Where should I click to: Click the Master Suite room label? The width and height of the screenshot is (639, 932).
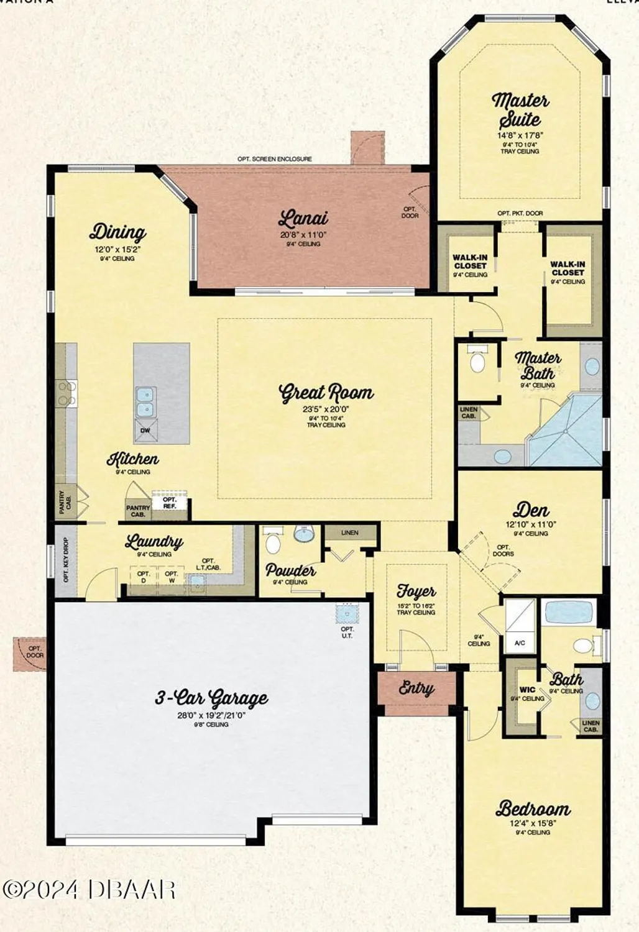tap(520, 109)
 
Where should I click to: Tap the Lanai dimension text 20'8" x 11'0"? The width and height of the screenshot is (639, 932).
tap(303, 235)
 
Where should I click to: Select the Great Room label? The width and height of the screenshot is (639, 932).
tap(326, 393)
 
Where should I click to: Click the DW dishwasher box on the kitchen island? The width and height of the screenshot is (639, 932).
tap(145, 430)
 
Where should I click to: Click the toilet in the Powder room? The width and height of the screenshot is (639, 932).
tap(273, 542)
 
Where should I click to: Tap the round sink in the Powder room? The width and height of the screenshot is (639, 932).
tap(304, 534)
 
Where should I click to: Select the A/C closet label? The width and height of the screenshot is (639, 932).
tap(520, 643)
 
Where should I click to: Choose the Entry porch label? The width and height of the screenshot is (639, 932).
tap(416, 688)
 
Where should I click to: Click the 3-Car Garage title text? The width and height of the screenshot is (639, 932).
tap(211, 698)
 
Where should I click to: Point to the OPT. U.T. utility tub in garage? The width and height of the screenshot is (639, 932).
tap(345, 613)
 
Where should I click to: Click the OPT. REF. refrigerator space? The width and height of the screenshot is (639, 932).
tap(170, 503)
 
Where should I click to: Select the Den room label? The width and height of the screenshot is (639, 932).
tap(530, 511)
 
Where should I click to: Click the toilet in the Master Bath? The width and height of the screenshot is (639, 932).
tap(477, 361)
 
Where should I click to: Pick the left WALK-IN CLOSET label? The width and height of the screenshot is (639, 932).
tap(470, 262)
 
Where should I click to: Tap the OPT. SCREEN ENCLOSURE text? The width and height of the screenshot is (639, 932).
tap(274, 159)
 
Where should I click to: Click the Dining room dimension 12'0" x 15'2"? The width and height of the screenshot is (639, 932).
tap(117, 249)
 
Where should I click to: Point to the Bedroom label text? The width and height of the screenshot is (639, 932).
tap(533, 809)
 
